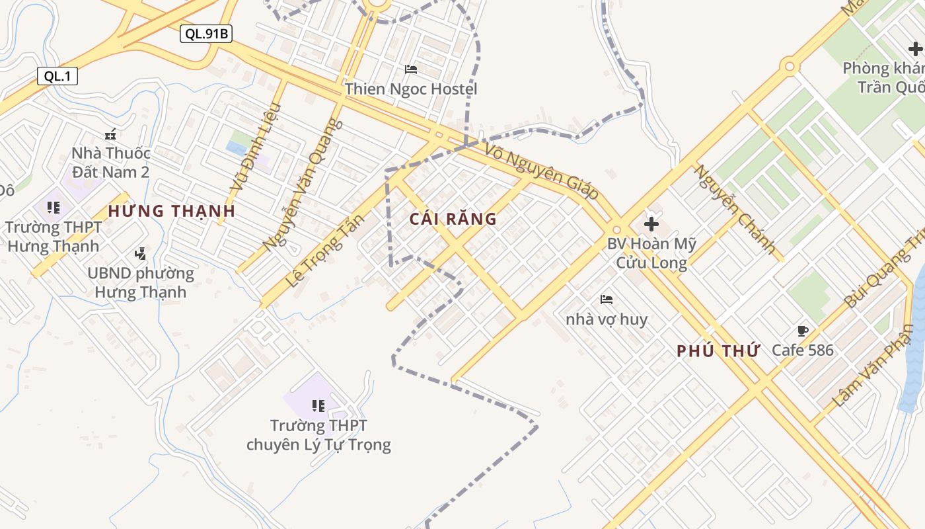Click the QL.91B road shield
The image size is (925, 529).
click(x=206, y=34)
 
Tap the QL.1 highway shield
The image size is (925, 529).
click(x=57, y=76)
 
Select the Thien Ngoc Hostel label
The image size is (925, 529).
click(x=410, y=89)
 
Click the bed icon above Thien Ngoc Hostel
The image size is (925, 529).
click(x=411, y=69)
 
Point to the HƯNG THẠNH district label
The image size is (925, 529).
click(x=172, y=212)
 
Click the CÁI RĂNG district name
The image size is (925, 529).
click(x=453, y=220)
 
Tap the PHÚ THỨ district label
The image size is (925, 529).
click(x=718, y=351)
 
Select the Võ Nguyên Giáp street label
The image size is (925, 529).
click(x=542, y=171)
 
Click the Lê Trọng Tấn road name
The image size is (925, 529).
click(x=325, y=251)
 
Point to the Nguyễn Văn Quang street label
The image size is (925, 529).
click(x=303, y=185)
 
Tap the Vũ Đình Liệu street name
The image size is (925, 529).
click(x=255, y=148)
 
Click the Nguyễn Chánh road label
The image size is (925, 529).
click(x=734, y=209)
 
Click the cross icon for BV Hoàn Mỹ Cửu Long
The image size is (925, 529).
click(x=651, y=224)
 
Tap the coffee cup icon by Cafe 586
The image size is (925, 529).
click(x=803, y=331)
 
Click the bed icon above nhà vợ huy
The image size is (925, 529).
click(x=607, y=300)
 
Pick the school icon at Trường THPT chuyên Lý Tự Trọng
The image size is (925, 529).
click(x=318, y=405)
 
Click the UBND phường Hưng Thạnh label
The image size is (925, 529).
click(x=141, y=282)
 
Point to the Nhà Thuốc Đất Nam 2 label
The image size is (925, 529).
click(x=111, y=163)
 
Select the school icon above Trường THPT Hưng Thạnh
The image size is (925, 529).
click(x=54, y=208)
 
